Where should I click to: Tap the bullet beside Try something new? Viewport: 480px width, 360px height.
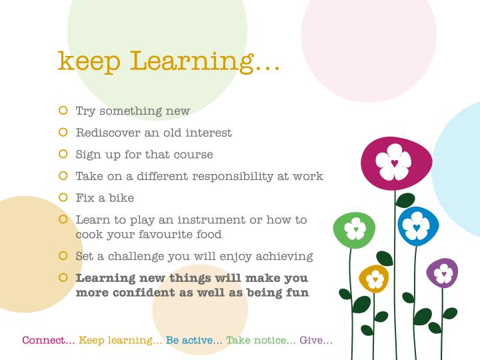(x=63, y=111)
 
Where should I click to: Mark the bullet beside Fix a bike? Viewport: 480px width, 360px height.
(x=63, y=198)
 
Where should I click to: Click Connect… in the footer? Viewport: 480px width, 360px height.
(x=49, y=340)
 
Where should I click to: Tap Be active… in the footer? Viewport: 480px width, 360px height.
(x=194, y=340)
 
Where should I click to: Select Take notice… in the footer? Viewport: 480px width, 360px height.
(x=261, y=340)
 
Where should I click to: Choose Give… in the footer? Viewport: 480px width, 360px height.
(x=316, y=340)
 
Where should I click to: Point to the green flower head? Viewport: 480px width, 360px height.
(x=355, y=230)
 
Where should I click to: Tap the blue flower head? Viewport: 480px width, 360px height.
(x=418, y=226)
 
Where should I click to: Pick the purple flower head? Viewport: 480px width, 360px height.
(x=442, y=273)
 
